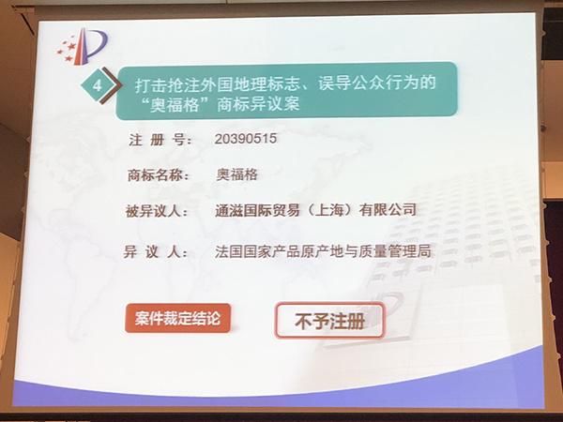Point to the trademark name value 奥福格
pyautogui.click(x=236, y=175)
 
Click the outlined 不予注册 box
pyautogui.click(x=330, y=320)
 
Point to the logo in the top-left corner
pyautogui.click(x=82, y=44)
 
